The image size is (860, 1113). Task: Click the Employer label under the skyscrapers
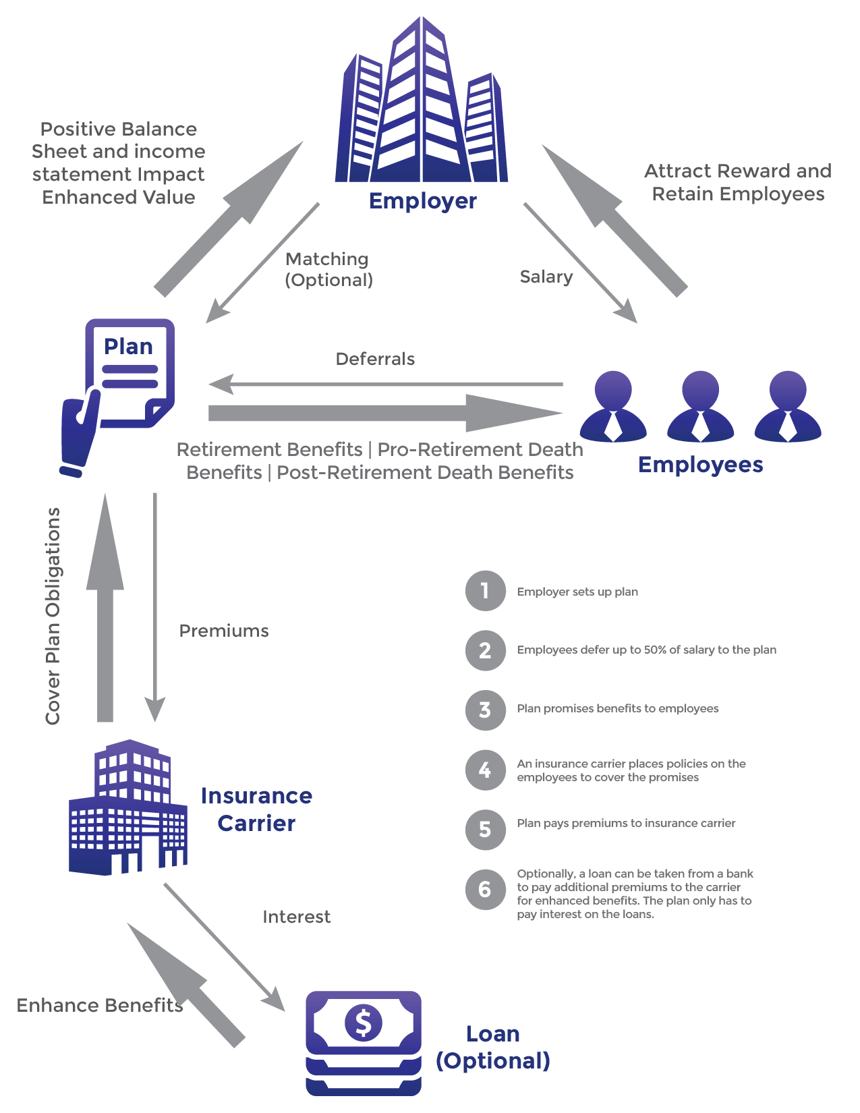click(x=423, y=201)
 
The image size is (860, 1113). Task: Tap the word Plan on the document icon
click(x=128, y=347)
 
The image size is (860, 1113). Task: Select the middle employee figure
click(x=700, y=407)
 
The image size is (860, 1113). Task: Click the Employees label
click(x=700, y=465)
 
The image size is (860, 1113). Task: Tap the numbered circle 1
click(x=485, y=591)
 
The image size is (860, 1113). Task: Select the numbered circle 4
click(x=485, y=770)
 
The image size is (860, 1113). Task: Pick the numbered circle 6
click(x=485, y=889)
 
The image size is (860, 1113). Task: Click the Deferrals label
click(x=375, y=359)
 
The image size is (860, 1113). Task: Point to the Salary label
click(x=546, y=277)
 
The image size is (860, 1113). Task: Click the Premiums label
click(x=224, y=631)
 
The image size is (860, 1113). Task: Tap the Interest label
click(x=297, y=917)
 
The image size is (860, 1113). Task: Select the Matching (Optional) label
click(x=328, y=269)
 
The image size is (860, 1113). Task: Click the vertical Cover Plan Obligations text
click(x=53, y=616)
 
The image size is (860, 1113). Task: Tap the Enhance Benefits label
click(x=100, y=1006)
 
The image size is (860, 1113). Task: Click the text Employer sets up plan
click(x=577, y=592)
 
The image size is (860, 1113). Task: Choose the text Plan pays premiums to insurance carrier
click(x=626, y=823)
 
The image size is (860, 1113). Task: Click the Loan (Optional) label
click(x=493, y=1047)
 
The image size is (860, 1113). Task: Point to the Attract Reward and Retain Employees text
click(x=738, y=183)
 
